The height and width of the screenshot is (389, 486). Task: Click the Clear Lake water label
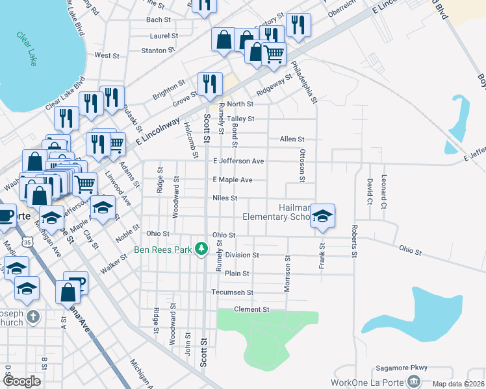[27, 49]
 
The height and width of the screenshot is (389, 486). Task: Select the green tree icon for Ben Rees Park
[202, 248]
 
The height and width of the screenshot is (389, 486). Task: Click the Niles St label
[225, 198]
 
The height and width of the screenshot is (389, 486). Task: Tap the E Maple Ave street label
[232, 180]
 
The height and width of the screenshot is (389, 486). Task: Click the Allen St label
[292, 139]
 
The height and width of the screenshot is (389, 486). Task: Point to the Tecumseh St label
[237, 292]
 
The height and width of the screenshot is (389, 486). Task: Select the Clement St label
[251, 310]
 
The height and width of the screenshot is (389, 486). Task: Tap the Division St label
[242, 255]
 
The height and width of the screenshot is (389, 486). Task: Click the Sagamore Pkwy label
[401, 368]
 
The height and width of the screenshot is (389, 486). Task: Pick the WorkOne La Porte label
[366, 382]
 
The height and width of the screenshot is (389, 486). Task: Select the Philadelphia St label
[304, 82]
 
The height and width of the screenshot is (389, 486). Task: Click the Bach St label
[158, 20]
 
